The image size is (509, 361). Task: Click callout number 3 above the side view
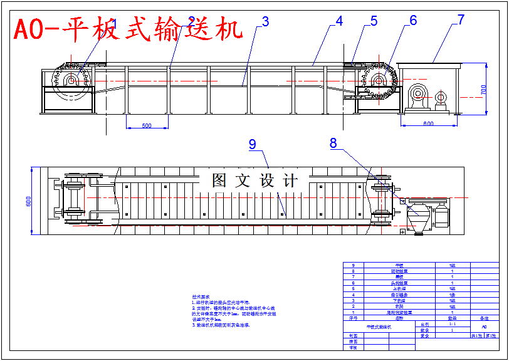[265, 21]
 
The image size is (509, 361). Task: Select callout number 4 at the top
[339, 21]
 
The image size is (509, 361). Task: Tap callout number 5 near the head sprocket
[374, 21]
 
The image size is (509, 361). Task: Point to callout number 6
[413, 21]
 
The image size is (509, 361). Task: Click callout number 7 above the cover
[461, 19]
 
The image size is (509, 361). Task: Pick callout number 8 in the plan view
[333, 143]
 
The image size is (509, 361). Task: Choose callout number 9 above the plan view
[253, 144]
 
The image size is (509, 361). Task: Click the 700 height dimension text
[483, 89]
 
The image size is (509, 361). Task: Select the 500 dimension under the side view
[146, 126]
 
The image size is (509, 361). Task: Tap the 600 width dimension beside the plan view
[28, 201]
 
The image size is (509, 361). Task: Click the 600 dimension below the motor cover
[428, 124]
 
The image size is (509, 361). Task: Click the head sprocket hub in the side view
[379, 80]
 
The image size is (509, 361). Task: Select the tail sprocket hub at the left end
[71, 80]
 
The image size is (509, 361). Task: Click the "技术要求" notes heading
[201, 296]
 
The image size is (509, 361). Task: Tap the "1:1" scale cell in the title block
[452, 325]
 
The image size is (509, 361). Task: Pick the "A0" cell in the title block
[483, 327]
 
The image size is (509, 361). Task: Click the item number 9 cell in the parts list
[354, 265]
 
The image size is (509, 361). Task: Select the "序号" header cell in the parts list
[353, 318]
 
